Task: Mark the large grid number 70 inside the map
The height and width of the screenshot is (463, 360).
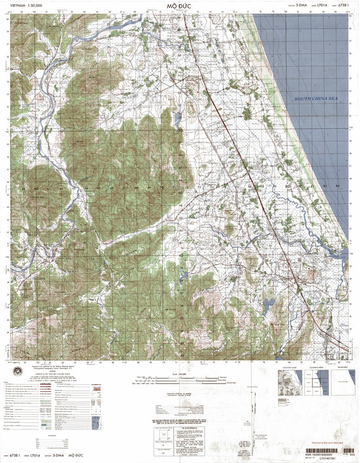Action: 161,188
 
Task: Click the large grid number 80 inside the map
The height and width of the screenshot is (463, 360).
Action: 287,187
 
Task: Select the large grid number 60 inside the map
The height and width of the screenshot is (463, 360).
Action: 36,188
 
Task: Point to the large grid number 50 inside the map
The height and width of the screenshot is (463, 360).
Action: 180,130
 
